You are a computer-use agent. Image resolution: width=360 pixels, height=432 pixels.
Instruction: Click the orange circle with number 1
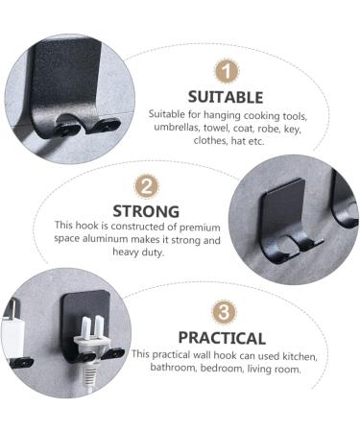[x=226, y=70]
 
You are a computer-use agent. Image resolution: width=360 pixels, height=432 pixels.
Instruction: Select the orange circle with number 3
[x=223, y=313]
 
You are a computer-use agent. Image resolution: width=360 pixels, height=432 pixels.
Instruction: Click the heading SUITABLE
[x=226, y=96]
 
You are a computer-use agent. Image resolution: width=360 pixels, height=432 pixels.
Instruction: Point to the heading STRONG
[x=146, y=211]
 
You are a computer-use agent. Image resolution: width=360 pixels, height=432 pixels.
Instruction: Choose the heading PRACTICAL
[x=222, y=338]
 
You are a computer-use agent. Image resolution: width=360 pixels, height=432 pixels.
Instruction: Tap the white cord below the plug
[x=86, y=379]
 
